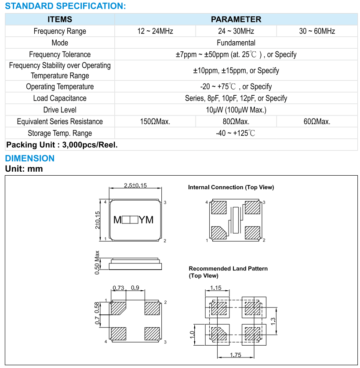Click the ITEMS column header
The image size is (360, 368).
click(60, 19)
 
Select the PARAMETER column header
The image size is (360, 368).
click(236, 19)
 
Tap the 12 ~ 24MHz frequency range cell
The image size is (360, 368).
click(155, 31)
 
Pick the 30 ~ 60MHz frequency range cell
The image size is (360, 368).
click(317, 31)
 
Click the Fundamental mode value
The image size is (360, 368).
click(236, 43)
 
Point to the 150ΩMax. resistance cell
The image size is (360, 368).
click(155, 122)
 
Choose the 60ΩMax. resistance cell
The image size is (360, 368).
click(317, 122)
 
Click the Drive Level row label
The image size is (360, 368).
click(60, 110)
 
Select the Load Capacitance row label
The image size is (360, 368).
click(60, 98)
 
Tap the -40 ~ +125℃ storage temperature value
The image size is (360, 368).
click(236, 133)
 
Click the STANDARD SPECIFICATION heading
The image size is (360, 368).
click(65, 6)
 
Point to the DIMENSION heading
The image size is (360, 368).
click(30, 159)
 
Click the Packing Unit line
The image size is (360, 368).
click(62, 145)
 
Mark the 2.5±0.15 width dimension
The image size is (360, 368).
click(135, 186)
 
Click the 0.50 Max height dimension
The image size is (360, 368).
click(97, 263)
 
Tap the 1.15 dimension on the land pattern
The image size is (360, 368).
click(215, 288)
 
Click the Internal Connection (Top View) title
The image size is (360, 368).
click(231, 188)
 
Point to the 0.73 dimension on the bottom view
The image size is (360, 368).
click(119, 288)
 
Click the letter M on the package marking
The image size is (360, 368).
click(117, 220)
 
